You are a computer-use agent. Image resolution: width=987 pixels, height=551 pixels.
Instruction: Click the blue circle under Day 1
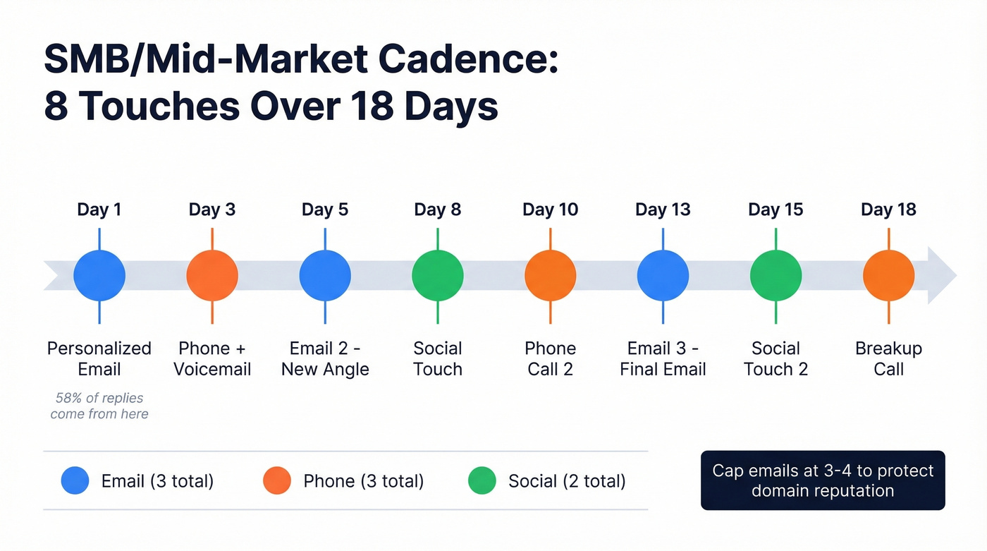click(99, 275)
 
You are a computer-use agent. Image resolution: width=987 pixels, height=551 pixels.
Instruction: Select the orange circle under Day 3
click(212, 275)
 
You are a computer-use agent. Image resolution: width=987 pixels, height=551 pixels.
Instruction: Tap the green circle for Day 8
click(438, 275)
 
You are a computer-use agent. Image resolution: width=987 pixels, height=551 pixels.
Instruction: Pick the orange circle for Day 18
click(888, 275)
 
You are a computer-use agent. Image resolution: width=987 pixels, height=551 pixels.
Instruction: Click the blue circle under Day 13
click(663, 275)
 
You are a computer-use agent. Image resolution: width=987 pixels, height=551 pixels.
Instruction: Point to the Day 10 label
click(550, 210)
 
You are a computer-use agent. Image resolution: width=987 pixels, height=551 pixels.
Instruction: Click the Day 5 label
click(325, 210)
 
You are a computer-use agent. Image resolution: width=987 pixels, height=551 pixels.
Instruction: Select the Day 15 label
click(775, 210)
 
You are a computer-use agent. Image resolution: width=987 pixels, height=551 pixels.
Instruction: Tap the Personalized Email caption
click(99, 358)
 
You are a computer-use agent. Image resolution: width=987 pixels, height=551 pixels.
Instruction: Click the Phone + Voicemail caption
click(212, 358)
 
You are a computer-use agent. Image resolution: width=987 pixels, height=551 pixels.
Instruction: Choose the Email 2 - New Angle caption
click(325, 358)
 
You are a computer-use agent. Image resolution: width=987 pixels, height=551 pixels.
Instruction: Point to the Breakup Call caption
click(888, 358)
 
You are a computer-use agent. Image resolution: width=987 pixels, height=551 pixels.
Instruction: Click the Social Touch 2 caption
click(775, 358)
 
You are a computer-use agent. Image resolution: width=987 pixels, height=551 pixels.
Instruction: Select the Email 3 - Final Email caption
click(663, 358)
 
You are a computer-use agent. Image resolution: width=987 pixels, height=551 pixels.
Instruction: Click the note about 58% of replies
click(99, 406)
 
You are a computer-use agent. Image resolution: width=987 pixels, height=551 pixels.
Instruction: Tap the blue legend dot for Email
click(75, 480)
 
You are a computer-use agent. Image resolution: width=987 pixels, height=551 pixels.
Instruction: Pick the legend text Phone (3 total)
click(363, 481)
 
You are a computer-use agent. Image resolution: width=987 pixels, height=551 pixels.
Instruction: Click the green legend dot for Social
click(482, 480)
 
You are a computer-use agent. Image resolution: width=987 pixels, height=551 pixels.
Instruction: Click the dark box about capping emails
click(823, 480)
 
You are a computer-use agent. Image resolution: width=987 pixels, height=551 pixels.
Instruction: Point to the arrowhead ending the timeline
click(942, 275)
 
